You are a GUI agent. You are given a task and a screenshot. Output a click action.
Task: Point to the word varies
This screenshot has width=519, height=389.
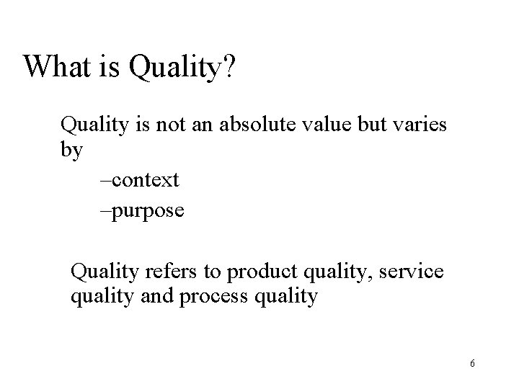click(x=422, y=126)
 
